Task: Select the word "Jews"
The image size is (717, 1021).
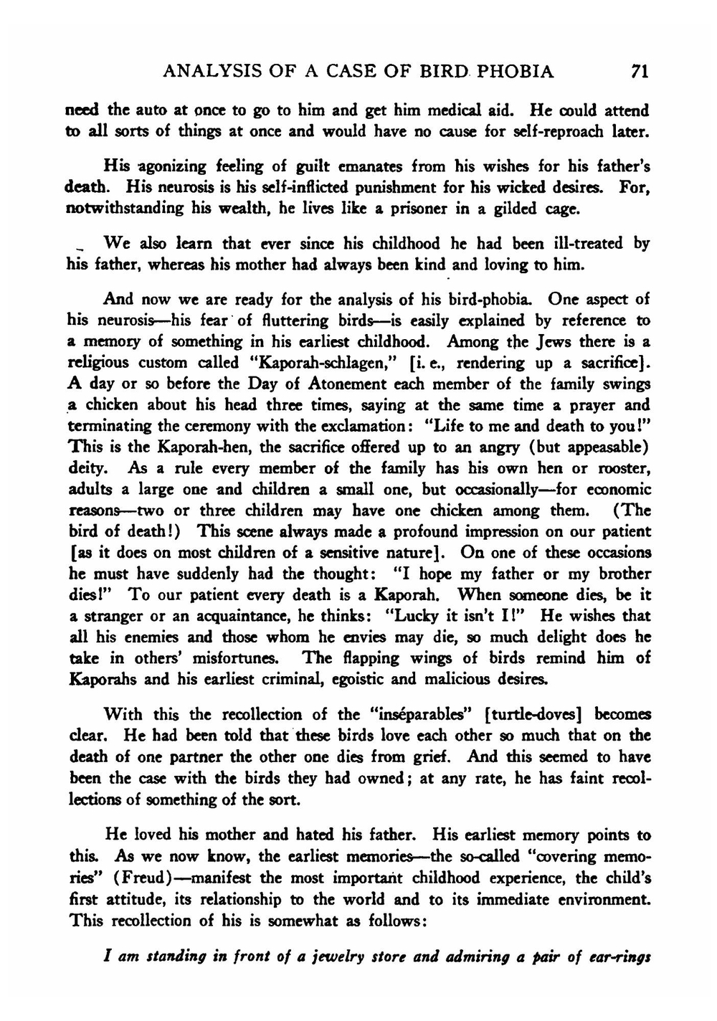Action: coord(551,341)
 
